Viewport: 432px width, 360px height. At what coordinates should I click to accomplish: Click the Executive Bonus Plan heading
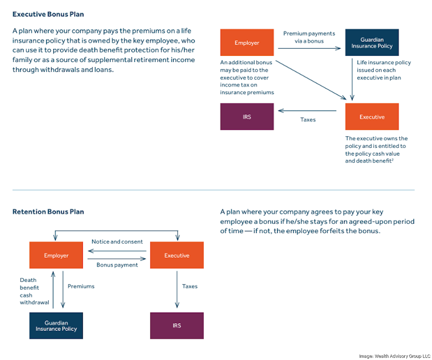pyautogui.click(x=48, y=15)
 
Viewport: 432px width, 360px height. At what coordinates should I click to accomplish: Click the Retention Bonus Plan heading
pyautogui.click(x=48, y=212)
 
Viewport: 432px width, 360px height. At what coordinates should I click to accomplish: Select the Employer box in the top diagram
pyautogui.click(x=247, y=42)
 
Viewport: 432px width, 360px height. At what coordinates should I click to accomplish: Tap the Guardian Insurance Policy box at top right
pyautogui.click(x=372, y=42)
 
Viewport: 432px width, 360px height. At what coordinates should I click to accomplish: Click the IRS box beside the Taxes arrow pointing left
pyautogui.click(x=247, y=117)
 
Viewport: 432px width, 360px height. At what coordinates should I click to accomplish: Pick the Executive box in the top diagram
pyautogui.click(x=372, y=117)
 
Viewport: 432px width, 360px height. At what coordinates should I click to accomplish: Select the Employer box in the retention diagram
pyautogui.click(x=56, y=255)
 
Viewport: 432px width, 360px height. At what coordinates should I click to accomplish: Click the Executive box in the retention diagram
pyautogui.click(x=177, y=255)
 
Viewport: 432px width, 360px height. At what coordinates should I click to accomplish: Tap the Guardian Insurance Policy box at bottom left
pyautogui.click(x=56, y=325)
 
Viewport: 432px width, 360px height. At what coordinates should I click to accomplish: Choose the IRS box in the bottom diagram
pyautogui.click(x=177, y=325)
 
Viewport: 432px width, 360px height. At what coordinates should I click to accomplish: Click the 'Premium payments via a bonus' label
pyautogui.click(x=309, y=37)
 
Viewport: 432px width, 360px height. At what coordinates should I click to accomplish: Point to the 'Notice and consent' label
pyautogui.click(x=117, y=242)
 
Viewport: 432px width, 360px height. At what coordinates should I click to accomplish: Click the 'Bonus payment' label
pyautogui.click(x=117, y=265)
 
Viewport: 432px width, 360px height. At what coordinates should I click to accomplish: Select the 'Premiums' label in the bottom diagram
pyautogui.click(x=81, y=286)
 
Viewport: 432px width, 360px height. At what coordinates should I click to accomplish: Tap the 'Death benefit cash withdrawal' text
pyautogui.click(x=34, y=291)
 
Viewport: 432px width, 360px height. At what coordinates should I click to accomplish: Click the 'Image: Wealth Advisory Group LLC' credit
pyautogui.click(x=395, y=356)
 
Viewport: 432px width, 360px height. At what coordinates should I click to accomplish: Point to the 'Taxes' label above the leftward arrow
pyautogui.click(x=308, y=120)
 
